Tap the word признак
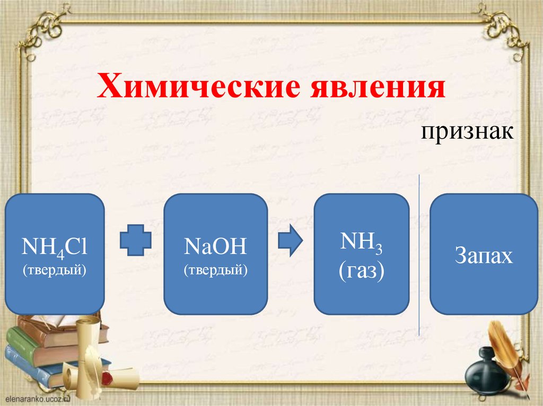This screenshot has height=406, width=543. [x=467, y=132]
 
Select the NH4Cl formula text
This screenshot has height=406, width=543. [x=54, y=247]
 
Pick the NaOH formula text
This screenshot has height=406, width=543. [x=215, y=247]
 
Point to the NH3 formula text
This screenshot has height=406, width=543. [x=362, y=243]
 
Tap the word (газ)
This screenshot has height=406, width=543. [x=362, y=272]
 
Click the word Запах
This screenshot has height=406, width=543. [x=484, y=256]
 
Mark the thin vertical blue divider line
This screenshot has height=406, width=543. [x=419, y=254]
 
